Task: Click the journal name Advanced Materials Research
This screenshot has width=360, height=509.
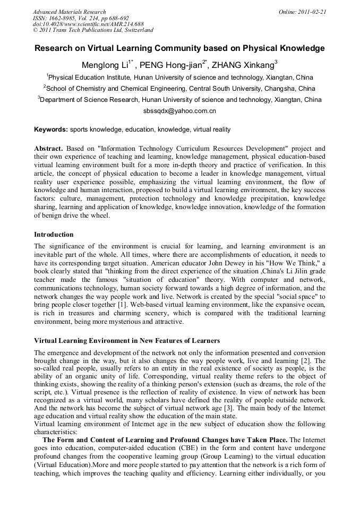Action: [x=69, y=12]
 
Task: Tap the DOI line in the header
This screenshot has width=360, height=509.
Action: [x=88, y=24]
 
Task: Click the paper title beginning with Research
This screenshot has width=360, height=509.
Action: [x=179, y=48]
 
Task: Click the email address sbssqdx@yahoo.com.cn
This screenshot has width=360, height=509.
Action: [x=179, y=111]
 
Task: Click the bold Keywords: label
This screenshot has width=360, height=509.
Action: [x=51, y=129]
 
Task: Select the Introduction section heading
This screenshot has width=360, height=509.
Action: [x=54, y=234]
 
